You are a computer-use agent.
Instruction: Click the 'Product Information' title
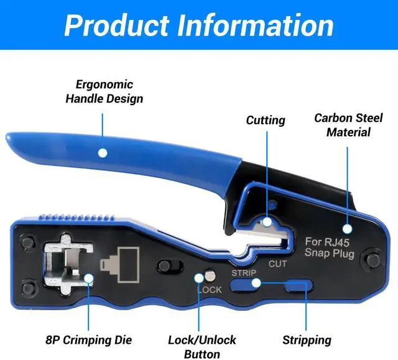tap(198, 25)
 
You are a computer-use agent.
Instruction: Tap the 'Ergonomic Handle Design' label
tap(104, 91)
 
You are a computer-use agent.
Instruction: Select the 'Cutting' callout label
tap(266, 120)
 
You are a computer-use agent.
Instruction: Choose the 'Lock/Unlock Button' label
tap(202, 346)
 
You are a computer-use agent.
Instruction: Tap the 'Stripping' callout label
tap(307, 340)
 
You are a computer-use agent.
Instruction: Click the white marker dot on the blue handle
tap(103, 152)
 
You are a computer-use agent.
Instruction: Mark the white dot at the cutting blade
tap(266, 221)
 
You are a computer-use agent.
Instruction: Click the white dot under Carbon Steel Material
tap(347, 229)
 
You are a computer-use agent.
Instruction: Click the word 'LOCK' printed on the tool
tap(209, 289)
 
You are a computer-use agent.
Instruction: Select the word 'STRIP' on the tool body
tap(243, 273)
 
